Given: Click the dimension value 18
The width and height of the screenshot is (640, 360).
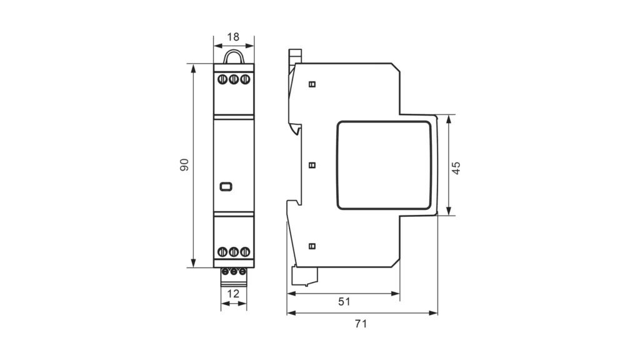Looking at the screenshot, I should (x=234, y=37).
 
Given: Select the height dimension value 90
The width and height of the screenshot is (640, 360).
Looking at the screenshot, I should (x=184, y=165).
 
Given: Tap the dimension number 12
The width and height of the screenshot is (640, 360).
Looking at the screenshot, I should (x=233, y=294).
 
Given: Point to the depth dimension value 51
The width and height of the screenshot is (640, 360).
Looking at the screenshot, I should (x=344, y=301).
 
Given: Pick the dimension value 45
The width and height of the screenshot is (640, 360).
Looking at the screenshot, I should (x=456, y=167).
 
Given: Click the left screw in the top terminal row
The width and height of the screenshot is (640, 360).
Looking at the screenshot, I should (x=223, y=79).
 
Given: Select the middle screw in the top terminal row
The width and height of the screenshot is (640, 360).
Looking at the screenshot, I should (x=234, y=79).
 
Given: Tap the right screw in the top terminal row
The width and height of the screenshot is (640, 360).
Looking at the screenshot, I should (x=244, y=79).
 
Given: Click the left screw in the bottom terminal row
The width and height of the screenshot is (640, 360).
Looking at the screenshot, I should (x=223, y=252).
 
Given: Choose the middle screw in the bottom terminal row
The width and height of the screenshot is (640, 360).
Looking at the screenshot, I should (x=234, y=252).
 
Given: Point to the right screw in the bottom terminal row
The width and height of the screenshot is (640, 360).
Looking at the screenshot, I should (x=244, y=252).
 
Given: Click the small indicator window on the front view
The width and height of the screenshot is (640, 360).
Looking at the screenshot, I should (x=226, y=186).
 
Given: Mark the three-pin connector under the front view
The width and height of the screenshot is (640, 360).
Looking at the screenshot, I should (x=234, y=272).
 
